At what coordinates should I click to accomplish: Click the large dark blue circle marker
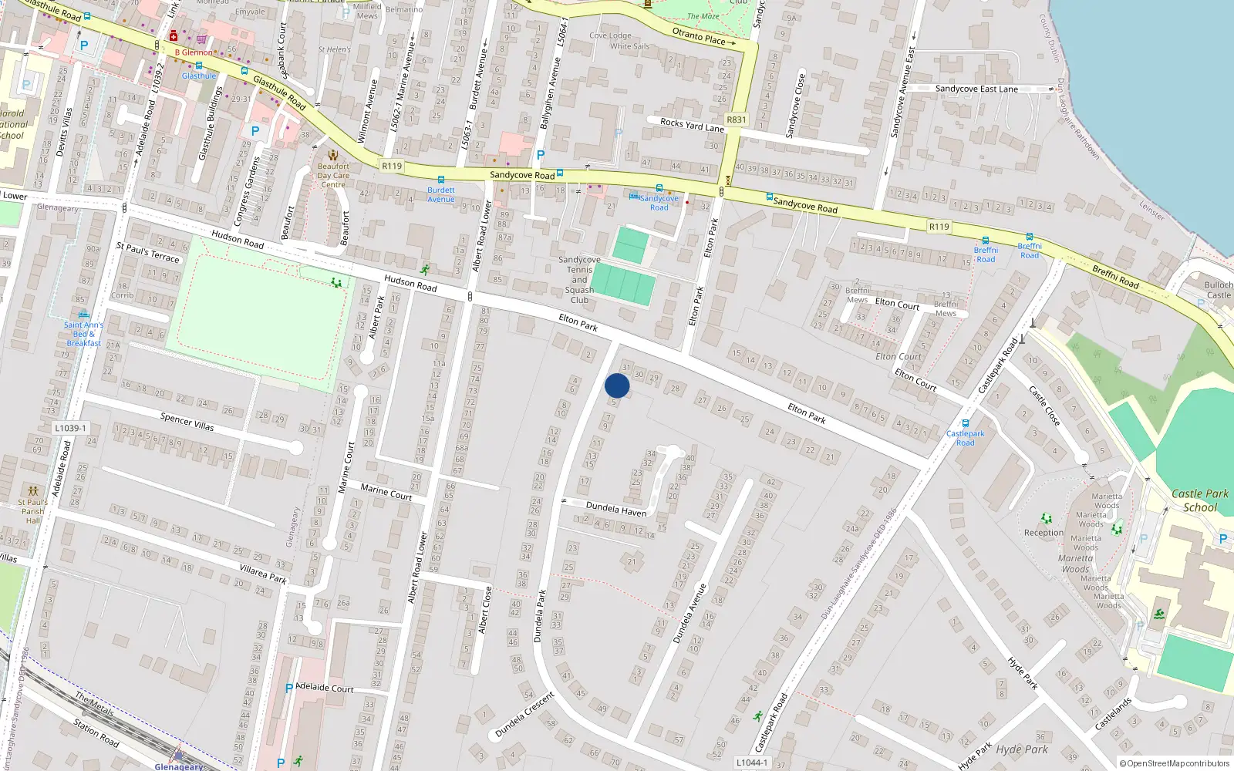[617, 385]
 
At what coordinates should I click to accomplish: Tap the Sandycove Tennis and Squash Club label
[579, 280]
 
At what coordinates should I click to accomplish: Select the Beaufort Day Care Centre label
[333, 175]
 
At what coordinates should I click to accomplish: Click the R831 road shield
[737, 120]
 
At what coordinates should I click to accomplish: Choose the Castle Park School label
[1200, 500]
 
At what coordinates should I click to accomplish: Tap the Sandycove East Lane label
[976, 89]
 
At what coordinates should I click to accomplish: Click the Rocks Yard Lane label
[692, 125]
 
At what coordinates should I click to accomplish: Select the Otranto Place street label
[699, 35]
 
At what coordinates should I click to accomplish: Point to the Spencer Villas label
[187, 422]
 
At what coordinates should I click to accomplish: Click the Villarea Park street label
[263, 573]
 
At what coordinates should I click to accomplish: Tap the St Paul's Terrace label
[147, 252]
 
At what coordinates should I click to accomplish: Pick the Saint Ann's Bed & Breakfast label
[83, 334]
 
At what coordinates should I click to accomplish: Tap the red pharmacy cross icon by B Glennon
[174, 36]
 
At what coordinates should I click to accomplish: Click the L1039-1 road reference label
[71, 428]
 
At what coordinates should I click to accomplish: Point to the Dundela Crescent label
[525, 715]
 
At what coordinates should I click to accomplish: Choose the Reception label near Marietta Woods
[1044, 533]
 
